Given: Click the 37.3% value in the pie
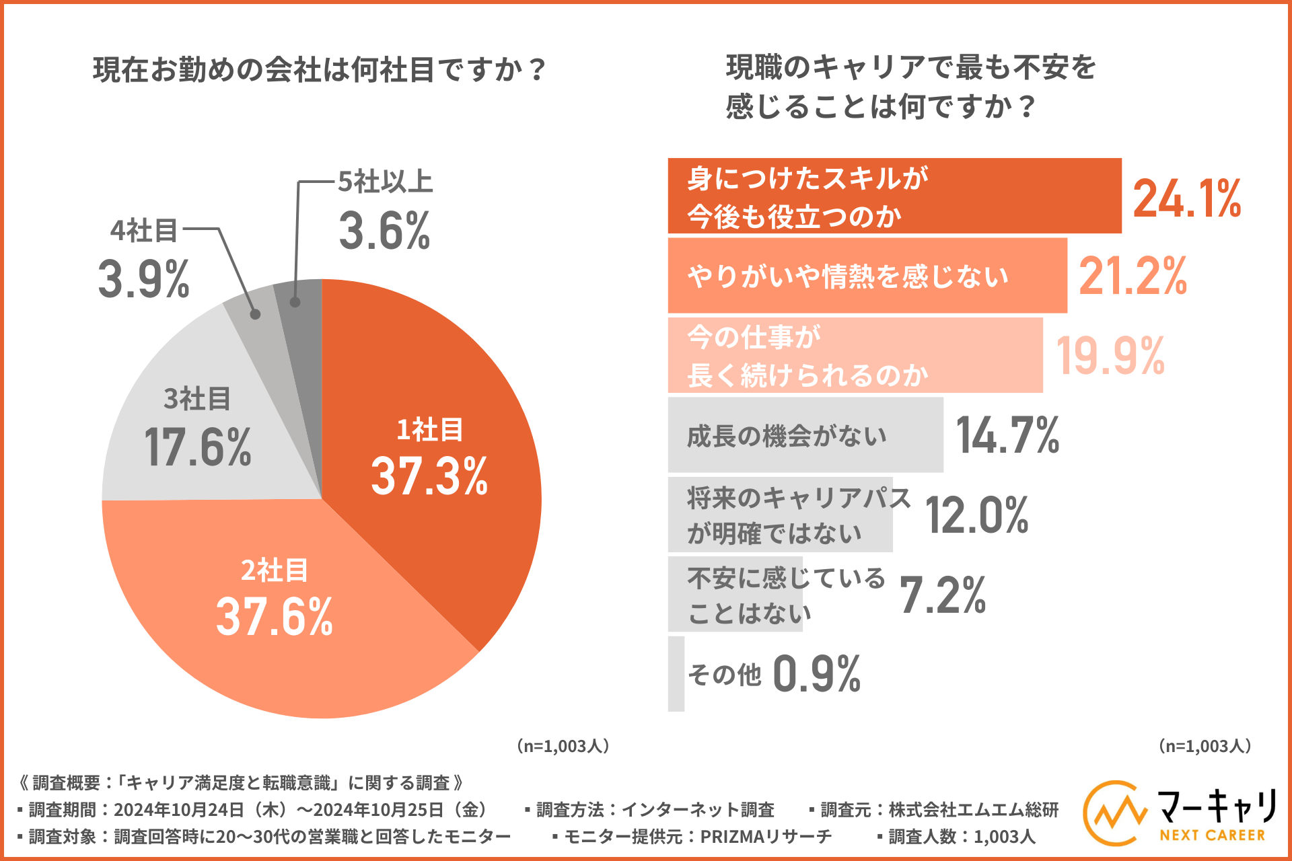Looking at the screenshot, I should [429, 476].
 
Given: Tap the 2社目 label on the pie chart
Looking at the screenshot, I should [275, 570].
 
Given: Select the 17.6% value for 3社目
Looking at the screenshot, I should [197, 447].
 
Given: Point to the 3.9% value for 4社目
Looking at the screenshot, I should [143, 279].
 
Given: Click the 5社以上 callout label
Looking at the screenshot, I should [385, 182].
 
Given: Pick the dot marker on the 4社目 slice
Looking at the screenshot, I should [255, 314].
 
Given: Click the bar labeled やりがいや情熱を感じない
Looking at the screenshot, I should [867, 276].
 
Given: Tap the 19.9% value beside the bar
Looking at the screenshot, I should [1110, 356].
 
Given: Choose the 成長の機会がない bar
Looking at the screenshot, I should [805, 435].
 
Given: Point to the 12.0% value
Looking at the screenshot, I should [977, 516].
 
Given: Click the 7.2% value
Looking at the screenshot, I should [943, 596].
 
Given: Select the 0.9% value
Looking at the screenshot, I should [817, 674].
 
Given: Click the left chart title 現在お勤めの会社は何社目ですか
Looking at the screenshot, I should [319, 70].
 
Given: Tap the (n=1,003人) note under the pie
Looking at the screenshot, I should [563, 746].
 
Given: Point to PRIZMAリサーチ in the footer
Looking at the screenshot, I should [766, 837].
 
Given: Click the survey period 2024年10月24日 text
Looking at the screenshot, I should [178, 810].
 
